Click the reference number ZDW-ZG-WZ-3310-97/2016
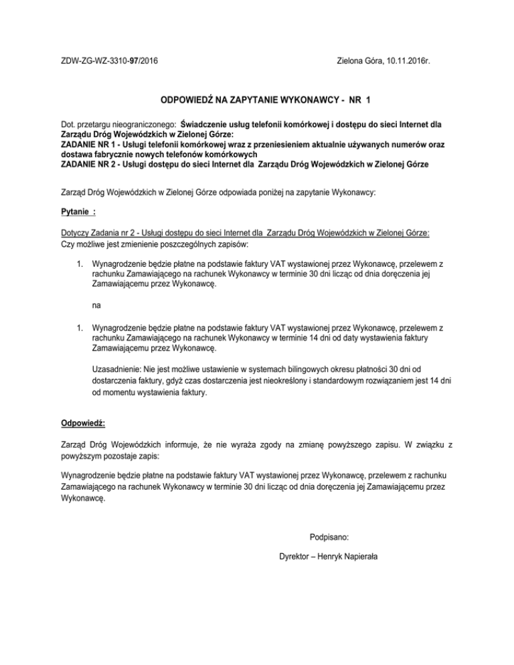click(x=110, y=61)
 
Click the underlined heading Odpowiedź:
click(x=82, y=423)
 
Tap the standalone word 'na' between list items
click(x=96, y=306)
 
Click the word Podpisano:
click(x=329, y=537)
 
